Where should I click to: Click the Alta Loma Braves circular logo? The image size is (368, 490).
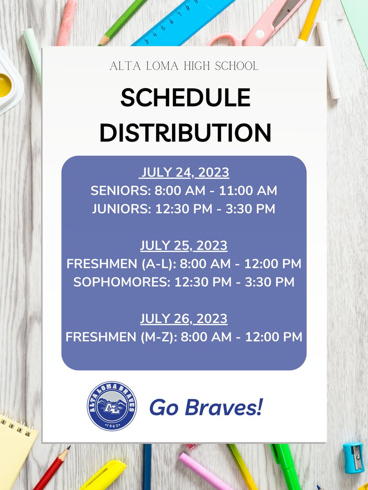pos(112,406)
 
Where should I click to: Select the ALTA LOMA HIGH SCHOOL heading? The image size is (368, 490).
pos(184,66)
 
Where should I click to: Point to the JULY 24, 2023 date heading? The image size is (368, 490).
pos(184,173)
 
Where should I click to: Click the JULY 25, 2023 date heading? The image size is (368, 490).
pos(184,246)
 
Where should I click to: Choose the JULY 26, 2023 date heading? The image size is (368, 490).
pos(184,318)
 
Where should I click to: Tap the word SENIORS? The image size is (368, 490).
pos(119,191)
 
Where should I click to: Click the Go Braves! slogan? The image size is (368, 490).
pos(206,407)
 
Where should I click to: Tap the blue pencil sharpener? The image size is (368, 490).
pos(353,457)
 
